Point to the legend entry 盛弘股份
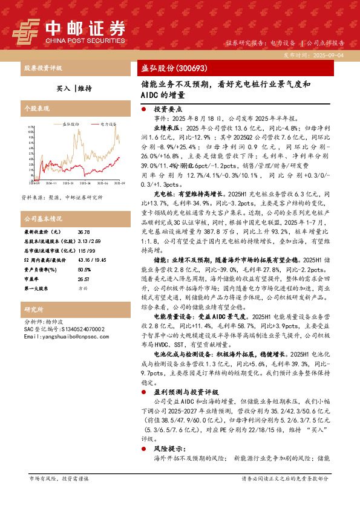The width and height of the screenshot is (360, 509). click(71, 123)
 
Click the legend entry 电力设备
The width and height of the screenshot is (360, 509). click(108, 123)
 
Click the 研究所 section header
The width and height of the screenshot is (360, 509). click(34, 310)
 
